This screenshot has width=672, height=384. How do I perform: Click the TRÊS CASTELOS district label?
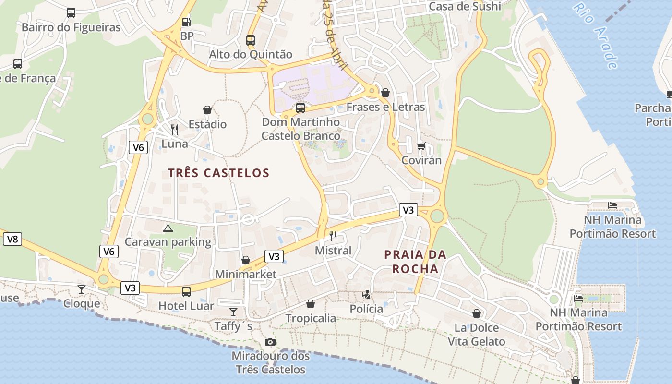219,173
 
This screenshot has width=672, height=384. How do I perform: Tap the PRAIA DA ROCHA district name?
415,262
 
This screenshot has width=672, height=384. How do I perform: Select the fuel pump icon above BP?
186,22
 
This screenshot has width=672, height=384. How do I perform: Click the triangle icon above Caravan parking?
168,228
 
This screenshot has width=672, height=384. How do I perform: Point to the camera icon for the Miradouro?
270,342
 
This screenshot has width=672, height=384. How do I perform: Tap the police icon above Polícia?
366,294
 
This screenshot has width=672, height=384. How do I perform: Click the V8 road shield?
12,239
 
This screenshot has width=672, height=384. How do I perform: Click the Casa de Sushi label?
465,6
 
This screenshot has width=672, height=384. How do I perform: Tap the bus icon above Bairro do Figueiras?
71,13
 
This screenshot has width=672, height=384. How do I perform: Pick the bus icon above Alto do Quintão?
251,40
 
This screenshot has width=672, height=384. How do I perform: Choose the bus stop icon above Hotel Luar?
186,291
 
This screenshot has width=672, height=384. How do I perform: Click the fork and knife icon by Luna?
175,129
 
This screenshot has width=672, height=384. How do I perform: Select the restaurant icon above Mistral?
333,236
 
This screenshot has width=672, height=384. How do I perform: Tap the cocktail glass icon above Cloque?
82,289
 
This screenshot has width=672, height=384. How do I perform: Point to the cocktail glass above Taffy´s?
233,312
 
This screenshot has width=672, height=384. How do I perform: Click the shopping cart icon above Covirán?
421,146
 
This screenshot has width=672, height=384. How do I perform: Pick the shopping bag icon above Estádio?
207,110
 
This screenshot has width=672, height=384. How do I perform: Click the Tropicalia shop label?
311,318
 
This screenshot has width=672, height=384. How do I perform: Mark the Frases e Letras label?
385,107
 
